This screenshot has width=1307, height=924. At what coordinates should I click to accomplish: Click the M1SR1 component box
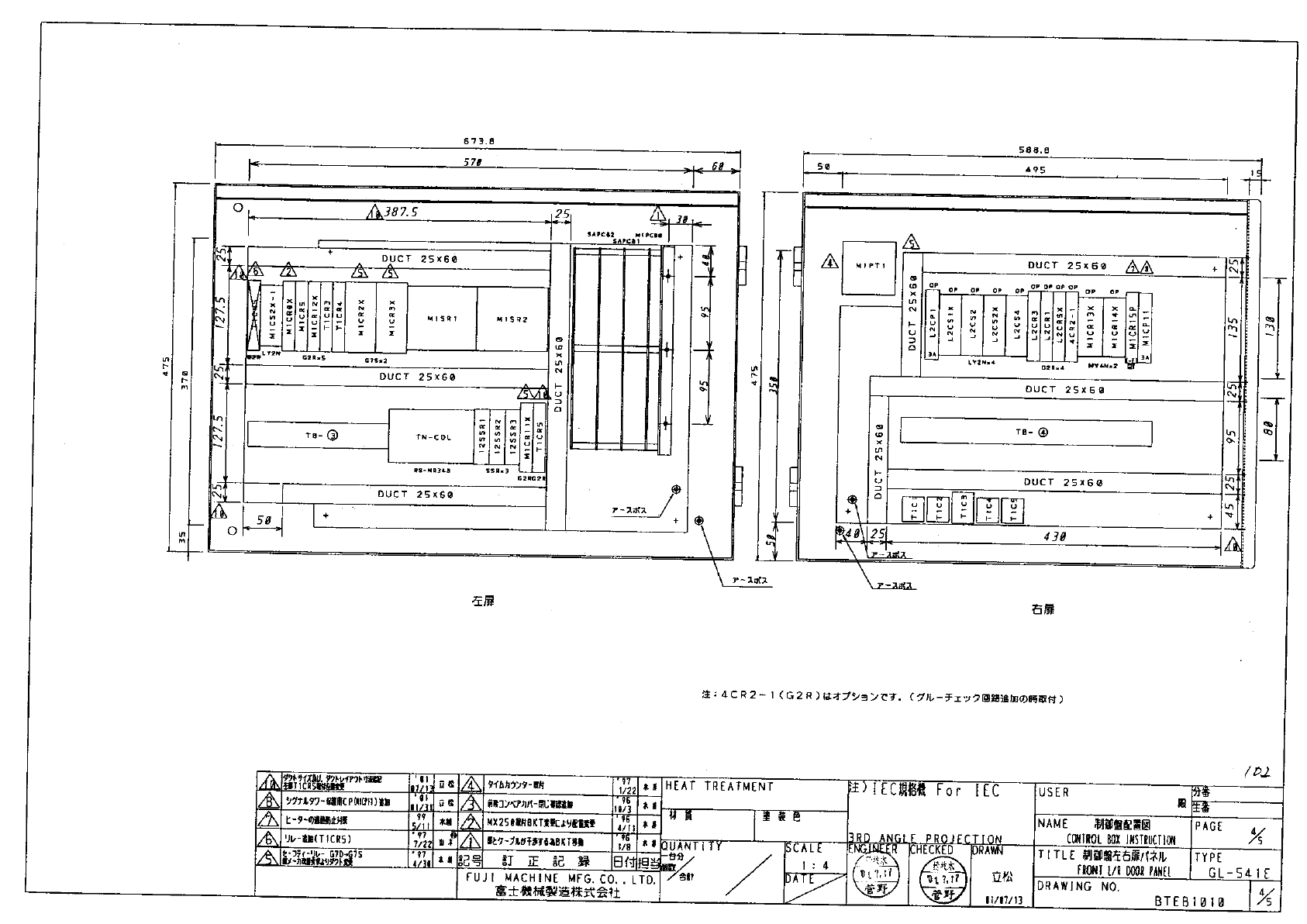(x=443, y=319)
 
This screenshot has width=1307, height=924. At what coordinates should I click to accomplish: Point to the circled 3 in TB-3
(x=333, y=436)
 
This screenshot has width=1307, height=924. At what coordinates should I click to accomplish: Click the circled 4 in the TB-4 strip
(x=1043, y=433)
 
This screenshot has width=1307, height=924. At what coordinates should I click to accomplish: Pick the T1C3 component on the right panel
(x=963, y=508)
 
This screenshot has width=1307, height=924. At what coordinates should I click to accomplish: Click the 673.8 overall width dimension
(x=478, y=141)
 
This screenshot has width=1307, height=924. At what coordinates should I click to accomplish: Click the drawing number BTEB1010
(x=1189, y=902)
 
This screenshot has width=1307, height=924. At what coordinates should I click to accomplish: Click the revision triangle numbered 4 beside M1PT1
(x=830, y=262)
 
